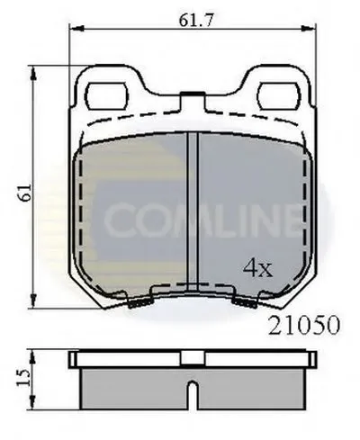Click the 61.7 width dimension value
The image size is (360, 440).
[196, 20]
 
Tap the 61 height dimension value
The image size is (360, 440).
[25, 193]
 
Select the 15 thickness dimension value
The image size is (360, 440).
[24, 378]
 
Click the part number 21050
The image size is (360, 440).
[304, 325]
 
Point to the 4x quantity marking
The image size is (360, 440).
[257, 268]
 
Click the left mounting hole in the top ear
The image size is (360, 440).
[107, 96]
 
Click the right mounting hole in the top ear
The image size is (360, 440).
[279, 96]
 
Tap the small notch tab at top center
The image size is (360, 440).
[193, 94]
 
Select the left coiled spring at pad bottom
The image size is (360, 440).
[140, 303]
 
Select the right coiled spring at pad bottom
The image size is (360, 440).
[245, 303]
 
